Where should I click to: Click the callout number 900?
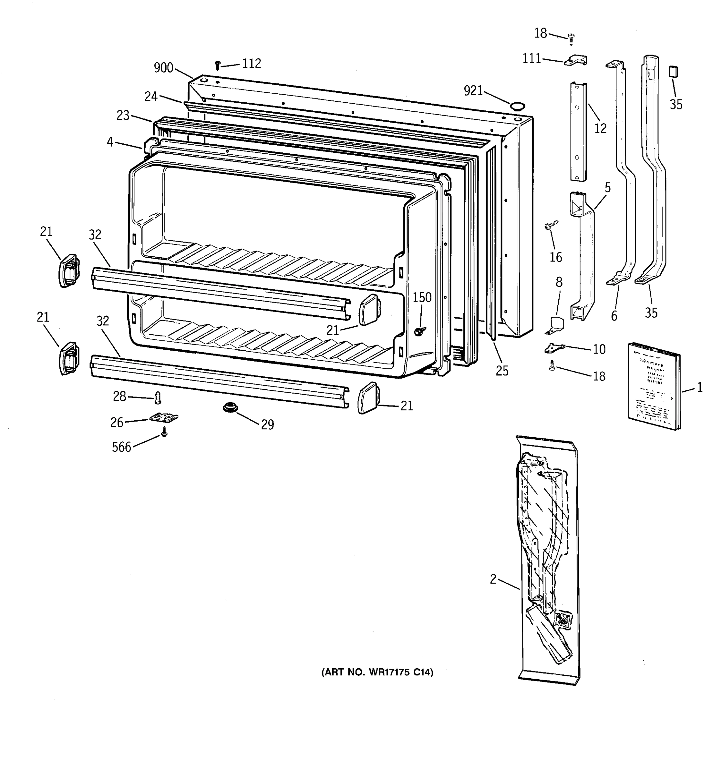pyautogui.click(x=163, y=68)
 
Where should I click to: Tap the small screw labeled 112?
pyautogui.click(x=217, y=65)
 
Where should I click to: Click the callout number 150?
pyautogui.click(x=422, y=297)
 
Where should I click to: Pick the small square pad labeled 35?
pyautogui.click(x=674, y=72)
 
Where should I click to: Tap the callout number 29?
pyautogui.click(x=267, y=424)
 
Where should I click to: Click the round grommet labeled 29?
pyautogui.click(x=230, y=407)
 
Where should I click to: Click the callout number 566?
pyautogui.click(x=122, y=447)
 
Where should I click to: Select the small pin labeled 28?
pyautogui.click(x=158, y=397)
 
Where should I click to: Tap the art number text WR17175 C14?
pyautogui.click(x=377, y=672)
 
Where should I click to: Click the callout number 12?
pyautogui.click(x=600, y=129)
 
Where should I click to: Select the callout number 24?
pyautogui.click(x=151, y=97)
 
